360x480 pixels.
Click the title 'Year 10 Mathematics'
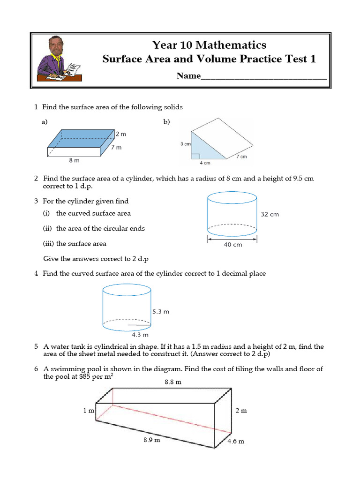(209, 45)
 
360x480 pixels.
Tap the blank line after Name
(263, 76)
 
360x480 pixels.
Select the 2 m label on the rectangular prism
(121, 134)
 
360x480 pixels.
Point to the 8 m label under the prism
(74, 160)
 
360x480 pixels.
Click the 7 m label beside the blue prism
(116, 147)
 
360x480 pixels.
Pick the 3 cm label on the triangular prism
(186, 144)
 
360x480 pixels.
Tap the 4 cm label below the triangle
(205, 163)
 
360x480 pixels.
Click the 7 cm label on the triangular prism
(241, 157)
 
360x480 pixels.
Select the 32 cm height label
(270, 214)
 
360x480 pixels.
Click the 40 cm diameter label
(232, 244)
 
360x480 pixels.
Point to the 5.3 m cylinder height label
(161, 311)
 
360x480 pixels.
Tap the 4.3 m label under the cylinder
(140, 335)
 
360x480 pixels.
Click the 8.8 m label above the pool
(172, 382)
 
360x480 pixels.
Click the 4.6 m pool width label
(236, 442)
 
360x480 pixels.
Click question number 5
(36, 347)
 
